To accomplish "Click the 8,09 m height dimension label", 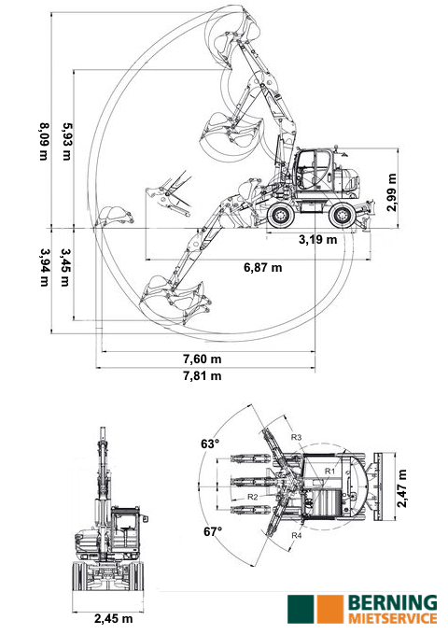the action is point(44,141).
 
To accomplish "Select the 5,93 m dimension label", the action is point(66,141).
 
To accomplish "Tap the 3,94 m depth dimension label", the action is point(45,267).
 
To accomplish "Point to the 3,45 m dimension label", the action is point(65,267).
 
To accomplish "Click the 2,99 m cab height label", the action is point(391,192).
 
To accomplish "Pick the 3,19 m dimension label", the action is point(318,239).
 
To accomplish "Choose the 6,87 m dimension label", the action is point(263,267).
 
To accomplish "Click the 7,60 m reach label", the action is point(203,359).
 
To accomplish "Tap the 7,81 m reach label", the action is point(203,375).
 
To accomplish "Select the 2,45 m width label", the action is point(114,619).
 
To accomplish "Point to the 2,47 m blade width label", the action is point(402,488).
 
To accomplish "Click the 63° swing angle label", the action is point(210,444).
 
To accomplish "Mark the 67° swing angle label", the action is point(213,531).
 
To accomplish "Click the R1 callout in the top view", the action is point(330,471).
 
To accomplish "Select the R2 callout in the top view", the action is point(253,497).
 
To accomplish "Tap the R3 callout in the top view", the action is point(297,437).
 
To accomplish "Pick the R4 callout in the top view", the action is point(297,535).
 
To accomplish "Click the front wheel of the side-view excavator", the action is point(281,216).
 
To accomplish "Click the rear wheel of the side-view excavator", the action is point(342,216).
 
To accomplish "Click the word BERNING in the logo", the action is point(393,603).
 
